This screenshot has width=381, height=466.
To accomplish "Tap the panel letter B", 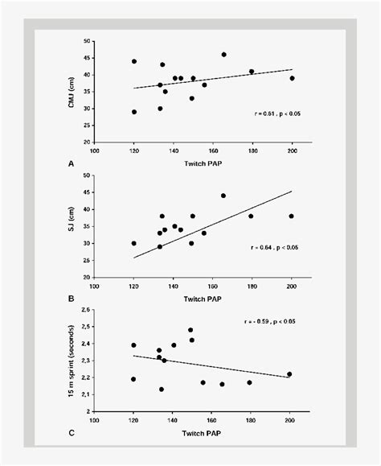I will [x=72, y=296].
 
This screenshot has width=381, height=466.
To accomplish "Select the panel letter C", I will [x=72, y=431].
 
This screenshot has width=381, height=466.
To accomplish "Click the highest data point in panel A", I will [x=223, y=55].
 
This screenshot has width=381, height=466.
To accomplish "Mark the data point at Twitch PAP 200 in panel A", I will [x=292, y=78].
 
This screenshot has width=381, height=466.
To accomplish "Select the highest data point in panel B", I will [x=223, y=196].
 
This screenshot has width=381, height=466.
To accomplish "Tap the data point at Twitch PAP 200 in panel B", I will [x=292, y=216].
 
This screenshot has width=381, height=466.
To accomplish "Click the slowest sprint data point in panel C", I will [x=190, y=330].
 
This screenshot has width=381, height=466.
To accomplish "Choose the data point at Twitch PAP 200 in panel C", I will [x=289, y=374].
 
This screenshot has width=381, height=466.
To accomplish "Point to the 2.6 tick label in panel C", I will [x=87, y=310].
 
